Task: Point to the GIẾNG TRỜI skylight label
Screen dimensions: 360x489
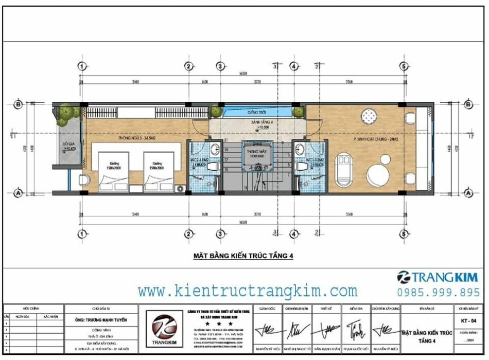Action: [x=256, y=112]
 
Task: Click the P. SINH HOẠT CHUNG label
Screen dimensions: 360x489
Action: [x=374, y=139]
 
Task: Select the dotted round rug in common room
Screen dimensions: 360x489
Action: [x=369, y=116]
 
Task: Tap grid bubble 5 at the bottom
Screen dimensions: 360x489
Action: [x=405, y=234]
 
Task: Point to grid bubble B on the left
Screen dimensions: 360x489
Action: [x=19, y=104]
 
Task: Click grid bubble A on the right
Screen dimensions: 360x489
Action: [x=468, y=193]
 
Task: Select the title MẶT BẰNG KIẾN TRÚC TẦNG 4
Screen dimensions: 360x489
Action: [x=243, y=256]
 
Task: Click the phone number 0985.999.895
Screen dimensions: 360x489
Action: [x=439, y=292]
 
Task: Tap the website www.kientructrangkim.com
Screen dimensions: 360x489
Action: [x=248, y=291]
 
